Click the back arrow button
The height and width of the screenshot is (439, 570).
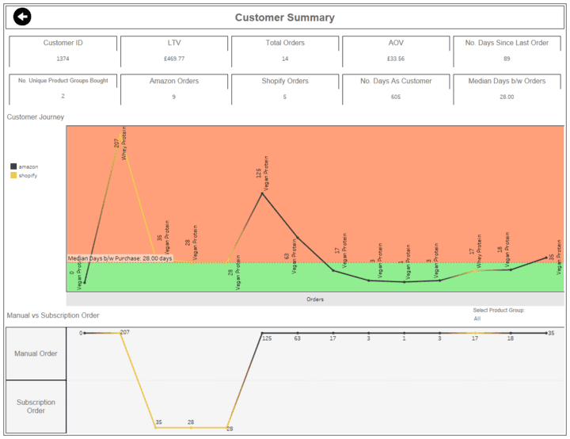pos(22,17)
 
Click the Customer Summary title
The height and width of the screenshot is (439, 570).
pos(284,17)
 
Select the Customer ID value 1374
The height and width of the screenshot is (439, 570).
pos(63,59)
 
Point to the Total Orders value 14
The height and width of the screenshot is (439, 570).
pos(284,59)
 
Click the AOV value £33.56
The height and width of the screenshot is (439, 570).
pos(396,59)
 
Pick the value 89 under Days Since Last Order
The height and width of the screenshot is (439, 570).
pos(507,59)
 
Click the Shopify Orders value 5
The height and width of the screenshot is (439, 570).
pos(284,97)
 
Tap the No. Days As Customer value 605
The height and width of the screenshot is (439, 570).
pos(396,97)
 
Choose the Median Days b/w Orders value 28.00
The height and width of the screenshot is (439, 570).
pos(507,97)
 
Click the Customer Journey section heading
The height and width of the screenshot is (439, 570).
pos(36,117)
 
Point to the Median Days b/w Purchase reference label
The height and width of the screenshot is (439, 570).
pos(120,258)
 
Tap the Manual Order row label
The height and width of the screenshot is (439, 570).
pos(36,353)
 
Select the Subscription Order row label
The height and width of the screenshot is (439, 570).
pos(36,406)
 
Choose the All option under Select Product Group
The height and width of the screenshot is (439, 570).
pos(477,319)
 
